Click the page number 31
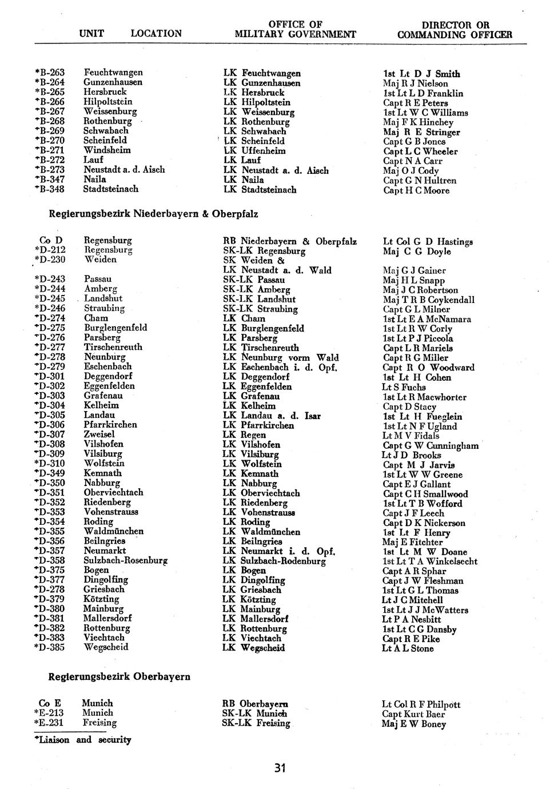pos(279,767)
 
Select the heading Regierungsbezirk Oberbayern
pos(119,676)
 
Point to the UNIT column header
pos(91,34)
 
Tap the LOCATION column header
pos(156,34)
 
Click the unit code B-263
pos(50,73)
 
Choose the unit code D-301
pos(50,376)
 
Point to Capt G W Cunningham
pos(431,445)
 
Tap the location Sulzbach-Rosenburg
pos(125,560)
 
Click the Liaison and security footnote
pos(83,740)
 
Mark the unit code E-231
pos(49,723)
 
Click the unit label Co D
pos(51,240)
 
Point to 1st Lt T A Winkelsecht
pos(430,561)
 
